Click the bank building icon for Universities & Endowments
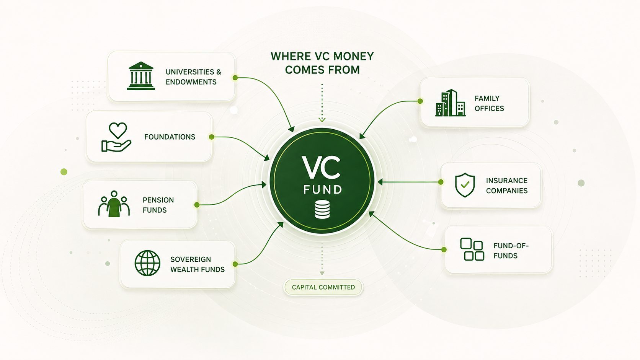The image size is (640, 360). click(141, 76)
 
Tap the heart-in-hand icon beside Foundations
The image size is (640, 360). click(117, 137)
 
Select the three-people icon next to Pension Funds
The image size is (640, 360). click(114, 204)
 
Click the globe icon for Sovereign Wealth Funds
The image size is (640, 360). click(147, 263)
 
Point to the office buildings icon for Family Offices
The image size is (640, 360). click(450, 103)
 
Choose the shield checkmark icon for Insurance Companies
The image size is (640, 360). click(465, 185)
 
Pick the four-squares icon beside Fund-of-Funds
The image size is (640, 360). click(472, 249)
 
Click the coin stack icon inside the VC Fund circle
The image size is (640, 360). click(322, 209)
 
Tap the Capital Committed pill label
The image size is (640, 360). click(323, 287)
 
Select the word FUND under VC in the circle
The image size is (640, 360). click(323, 189)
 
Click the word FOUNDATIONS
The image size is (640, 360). click(170, 137)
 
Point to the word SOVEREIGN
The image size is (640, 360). click(191, 259)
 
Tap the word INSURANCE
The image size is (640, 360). click(506, 181)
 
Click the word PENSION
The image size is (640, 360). click(158, 200)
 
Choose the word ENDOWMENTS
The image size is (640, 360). click(191, 82)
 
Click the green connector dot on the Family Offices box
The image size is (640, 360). click(420, 101)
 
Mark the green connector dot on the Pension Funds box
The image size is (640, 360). click(197, 205)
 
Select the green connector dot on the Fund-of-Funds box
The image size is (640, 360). click(444, 250)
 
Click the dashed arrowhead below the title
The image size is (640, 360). click(322, 120)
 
